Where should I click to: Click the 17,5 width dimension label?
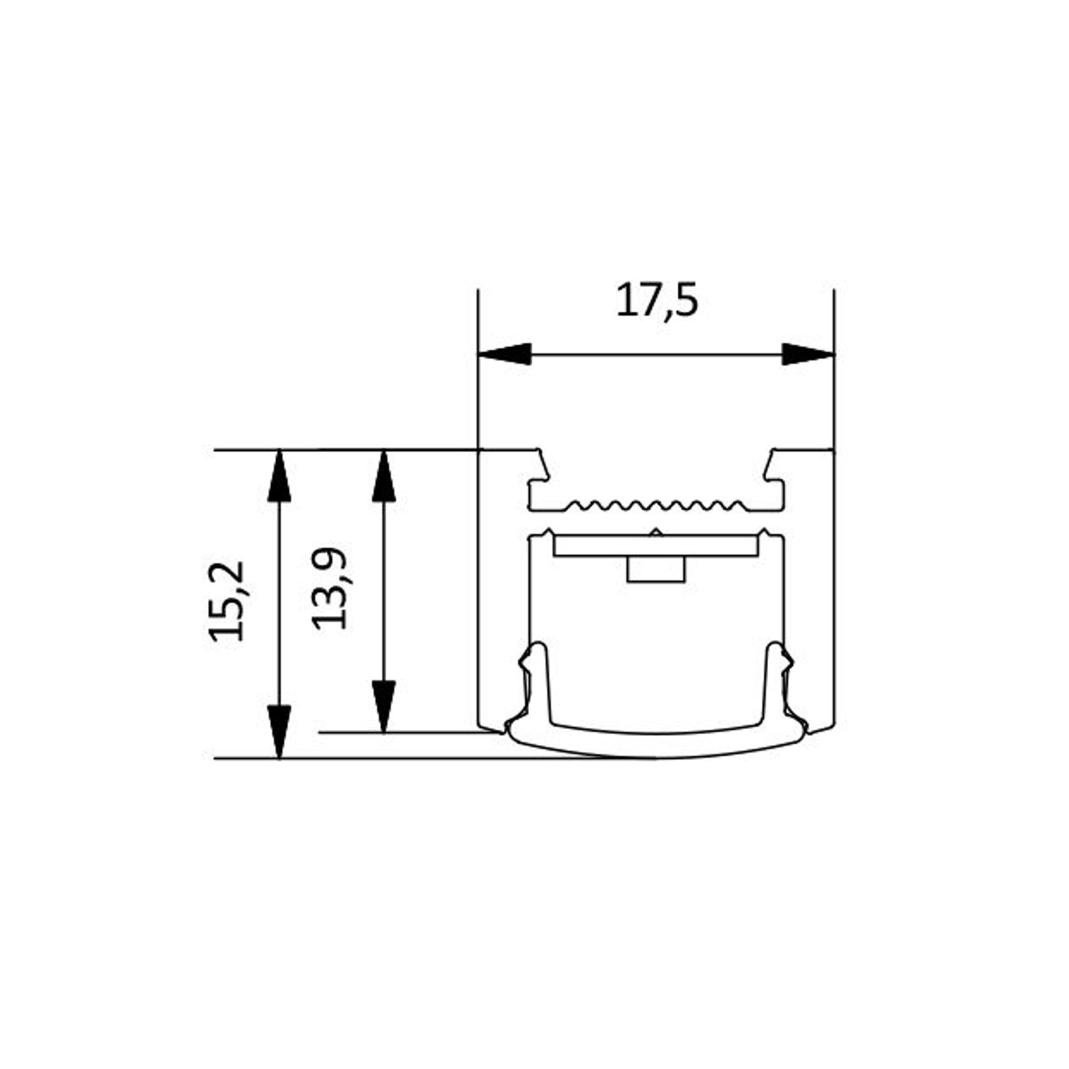pyautogui.click(x=656, y=302)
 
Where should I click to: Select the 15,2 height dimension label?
pyautogui.click(x=227, y=601)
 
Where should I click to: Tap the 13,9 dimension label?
pyautogui.click(x=330, y=589)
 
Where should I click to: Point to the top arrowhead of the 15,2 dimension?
pyautogui.click(x=279, y=476)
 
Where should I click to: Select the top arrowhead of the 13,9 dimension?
pyautogui.click(x=383, y=476)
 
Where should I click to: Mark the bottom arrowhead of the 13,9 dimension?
pyautogui.click(x=383, y=706)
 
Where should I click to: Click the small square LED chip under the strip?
pyautogui.click(x=656, y=569)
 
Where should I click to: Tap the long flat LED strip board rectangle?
pyautogui.click(x=656, y=546)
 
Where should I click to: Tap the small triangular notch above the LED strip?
pyautogui.click(x=655, y=532)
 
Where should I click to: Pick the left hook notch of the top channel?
pyautogui.click(x=542, y=469)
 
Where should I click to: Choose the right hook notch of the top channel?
pyautogui.click(x=771, y=469)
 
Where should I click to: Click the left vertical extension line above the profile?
pyautogui.click(x=478, y=370)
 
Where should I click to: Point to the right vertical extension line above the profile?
pyautogui.click(x=834, y=370)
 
